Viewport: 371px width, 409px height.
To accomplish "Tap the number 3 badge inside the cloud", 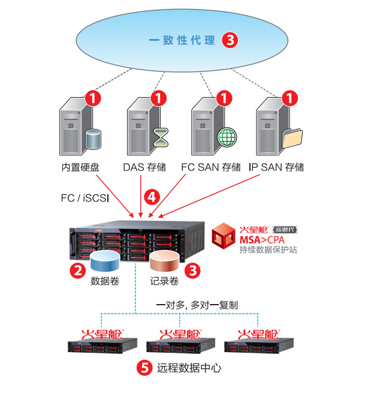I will [x=230, y=41].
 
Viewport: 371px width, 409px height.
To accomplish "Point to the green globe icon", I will [x=227, y=137].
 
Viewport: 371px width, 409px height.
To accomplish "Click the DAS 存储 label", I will [x=144, y=167].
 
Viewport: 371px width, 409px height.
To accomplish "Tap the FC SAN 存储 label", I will [x=211, y=167].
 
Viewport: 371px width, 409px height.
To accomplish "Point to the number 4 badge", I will [x=152, y=197].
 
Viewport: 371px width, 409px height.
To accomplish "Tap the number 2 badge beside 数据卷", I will [x=77, y=270].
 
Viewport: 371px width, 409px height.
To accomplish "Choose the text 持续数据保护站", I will [x=268, y=250].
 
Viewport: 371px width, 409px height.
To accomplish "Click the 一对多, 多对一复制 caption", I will [x=197, y=305].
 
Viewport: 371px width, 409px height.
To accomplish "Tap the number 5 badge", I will [x=144, y=368].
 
